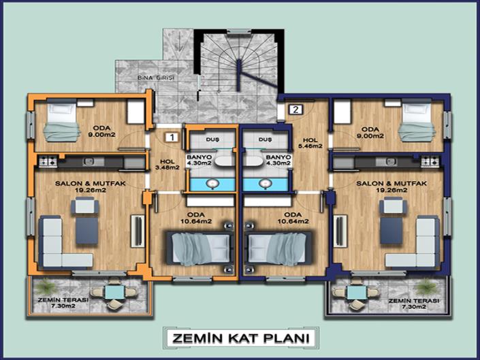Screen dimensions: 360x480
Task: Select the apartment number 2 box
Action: click(296, 109)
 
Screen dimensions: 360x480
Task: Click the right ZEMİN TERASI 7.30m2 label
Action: click(413, 304)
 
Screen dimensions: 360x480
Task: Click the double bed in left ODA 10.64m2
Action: click(196, 246)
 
